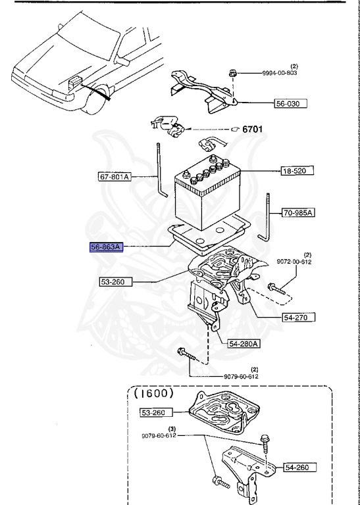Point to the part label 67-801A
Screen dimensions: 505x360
coord(115,176)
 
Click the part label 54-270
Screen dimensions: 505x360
coord(297,317)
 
